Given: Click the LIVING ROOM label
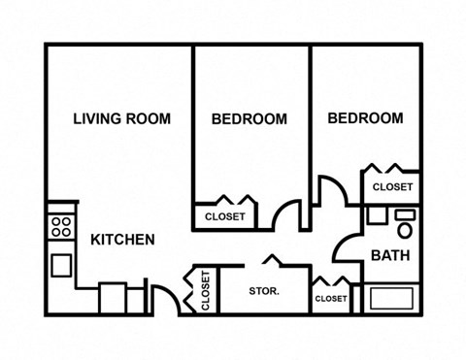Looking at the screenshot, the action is [x=122, y=118].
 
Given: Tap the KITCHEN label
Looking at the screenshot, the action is [x=122, y=240].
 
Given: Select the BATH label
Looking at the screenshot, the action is [x=390, y=255].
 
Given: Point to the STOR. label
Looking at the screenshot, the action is [x=264, y=291].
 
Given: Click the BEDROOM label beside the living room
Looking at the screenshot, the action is [x=250, y=119].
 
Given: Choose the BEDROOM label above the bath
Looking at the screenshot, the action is [x=365, y=118].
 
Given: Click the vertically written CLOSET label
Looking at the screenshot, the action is [x=206, y=291].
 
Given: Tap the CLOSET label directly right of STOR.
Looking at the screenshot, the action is [x=331, y=299].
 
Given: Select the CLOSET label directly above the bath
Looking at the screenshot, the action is [x=392, y=187].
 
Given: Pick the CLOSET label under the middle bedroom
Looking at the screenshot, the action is [x=225, y=216].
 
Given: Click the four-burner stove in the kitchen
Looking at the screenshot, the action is [x=61, y=227].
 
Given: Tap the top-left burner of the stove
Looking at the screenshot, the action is [x=56, y=221].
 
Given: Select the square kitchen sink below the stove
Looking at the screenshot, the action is [x=61, y=265].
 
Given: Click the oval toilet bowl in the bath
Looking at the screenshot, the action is [x=405, y=230].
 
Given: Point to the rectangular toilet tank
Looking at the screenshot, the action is [x=405, y=214].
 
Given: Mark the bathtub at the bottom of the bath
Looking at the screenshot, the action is [x=391, y=298].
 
